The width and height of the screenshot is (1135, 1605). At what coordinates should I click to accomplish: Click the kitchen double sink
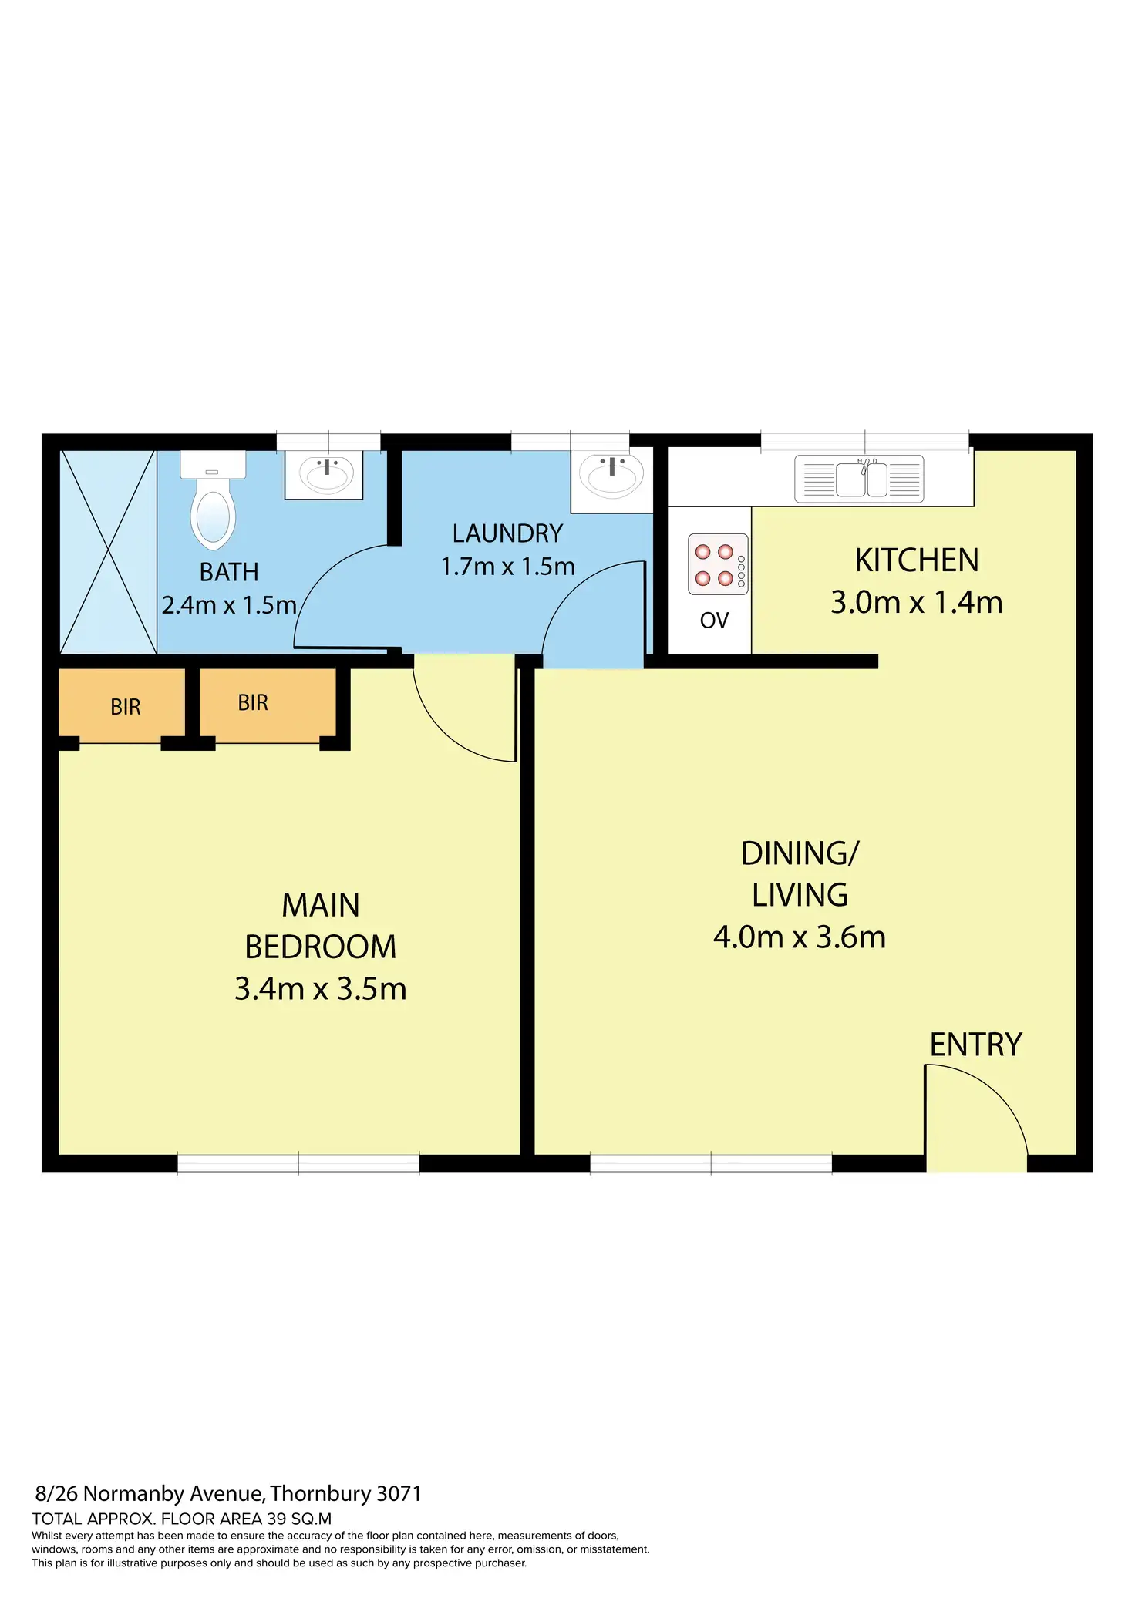(860, 479)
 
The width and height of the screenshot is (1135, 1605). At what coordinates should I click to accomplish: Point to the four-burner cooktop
(717, 564)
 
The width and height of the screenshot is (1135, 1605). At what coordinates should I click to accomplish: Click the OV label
(714, 621)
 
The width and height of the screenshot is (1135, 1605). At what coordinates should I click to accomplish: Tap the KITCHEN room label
(916, 560)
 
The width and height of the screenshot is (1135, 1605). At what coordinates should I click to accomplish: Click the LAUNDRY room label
(507, 533)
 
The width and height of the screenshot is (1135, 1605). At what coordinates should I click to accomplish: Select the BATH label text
(229, 572)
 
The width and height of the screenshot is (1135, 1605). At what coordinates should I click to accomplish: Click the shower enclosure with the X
(108, 552)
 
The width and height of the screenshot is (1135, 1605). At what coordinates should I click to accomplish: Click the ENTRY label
(975, 1045)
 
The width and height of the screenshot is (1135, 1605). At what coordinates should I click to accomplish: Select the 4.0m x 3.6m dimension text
(799, 937)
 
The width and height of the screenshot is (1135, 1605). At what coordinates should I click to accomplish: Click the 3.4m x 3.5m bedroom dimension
(320, 989)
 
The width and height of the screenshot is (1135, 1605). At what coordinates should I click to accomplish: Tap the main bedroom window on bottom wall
(298, 1163)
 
